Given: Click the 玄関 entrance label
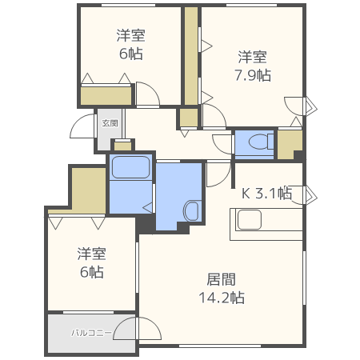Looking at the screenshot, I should (110, 123).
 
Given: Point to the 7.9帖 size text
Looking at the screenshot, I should (252, 75).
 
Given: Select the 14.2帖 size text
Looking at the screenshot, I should (221, 298).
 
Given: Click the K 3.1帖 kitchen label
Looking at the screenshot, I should (266, 193).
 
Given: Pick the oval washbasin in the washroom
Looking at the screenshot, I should (192, 212).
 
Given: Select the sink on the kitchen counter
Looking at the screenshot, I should (249, 221).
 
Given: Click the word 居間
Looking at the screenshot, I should (221, 279).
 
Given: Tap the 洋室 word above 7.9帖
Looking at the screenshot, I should (252, 57).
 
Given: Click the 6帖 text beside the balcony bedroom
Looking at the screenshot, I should (91, 272).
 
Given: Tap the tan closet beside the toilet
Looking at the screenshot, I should (289, 143).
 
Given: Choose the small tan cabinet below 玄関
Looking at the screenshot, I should (122, 145).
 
